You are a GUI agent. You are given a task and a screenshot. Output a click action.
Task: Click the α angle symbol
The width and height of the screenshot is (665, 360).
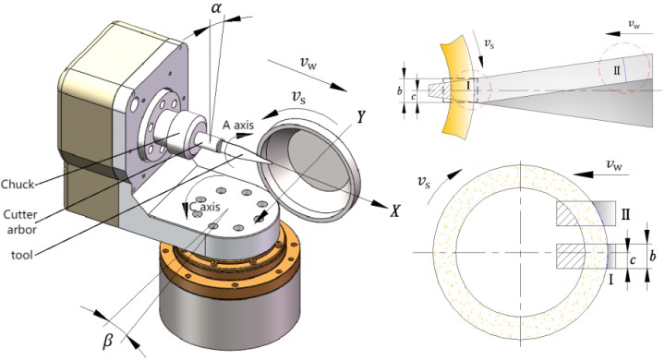(216, 7)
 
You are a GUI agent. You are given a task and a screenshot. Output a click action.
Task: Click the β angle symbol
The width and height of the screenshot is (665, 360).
(109, 340)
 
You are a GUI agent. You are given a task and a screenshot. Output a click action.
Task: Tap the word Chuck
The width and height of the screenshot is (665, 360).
(18, 185)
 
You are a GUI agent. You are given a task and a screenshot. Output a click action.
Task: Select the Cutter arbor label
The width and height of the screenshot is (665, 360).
(20, 222)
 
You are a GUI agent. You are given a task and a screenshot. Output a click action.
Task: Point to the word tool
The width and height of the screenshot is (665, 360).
(22, 256)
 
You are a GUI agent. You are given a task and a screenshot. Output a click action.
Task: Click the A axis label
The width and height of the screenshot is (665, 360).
(238, 125)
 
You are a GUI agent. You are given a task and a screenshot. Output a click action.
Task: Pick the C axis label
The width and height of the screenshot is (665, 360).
(204, 207)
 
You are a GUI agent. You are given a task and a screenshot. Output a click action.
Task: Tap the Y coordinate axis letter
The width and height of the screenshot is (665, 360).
(360, 117)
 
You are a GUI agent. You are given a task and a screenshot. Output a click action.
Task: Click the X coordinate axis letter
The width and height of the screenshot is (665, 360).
(394, 210)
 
